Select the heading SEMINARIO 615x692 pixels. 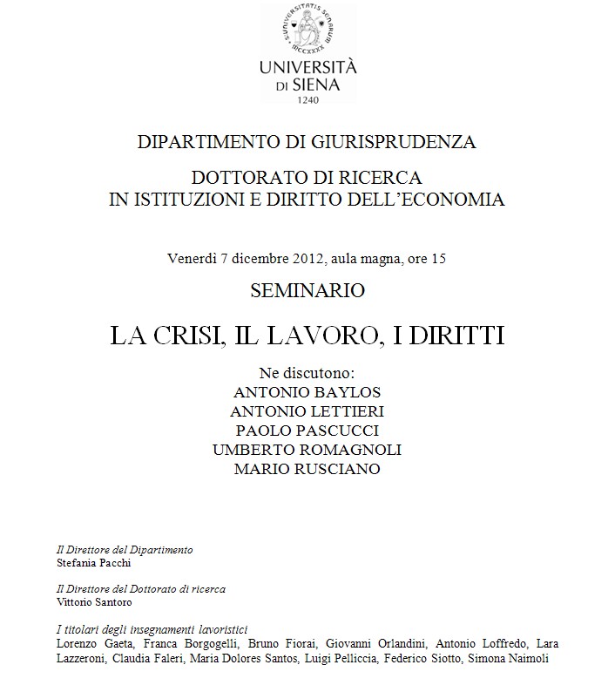(x=307, y=290)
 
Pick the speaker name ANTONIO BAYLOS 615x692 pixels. (x=307, y=392)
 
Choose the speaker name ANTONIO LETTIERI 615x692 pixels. (x=307, y=411)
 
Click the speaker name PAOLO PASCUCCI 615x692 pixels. (x=307, y=431)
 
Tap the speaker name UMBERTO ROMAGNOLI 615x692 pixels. (x=307, y=450)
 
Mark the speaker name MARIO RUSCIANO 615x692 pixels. (x=307, y=469)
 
